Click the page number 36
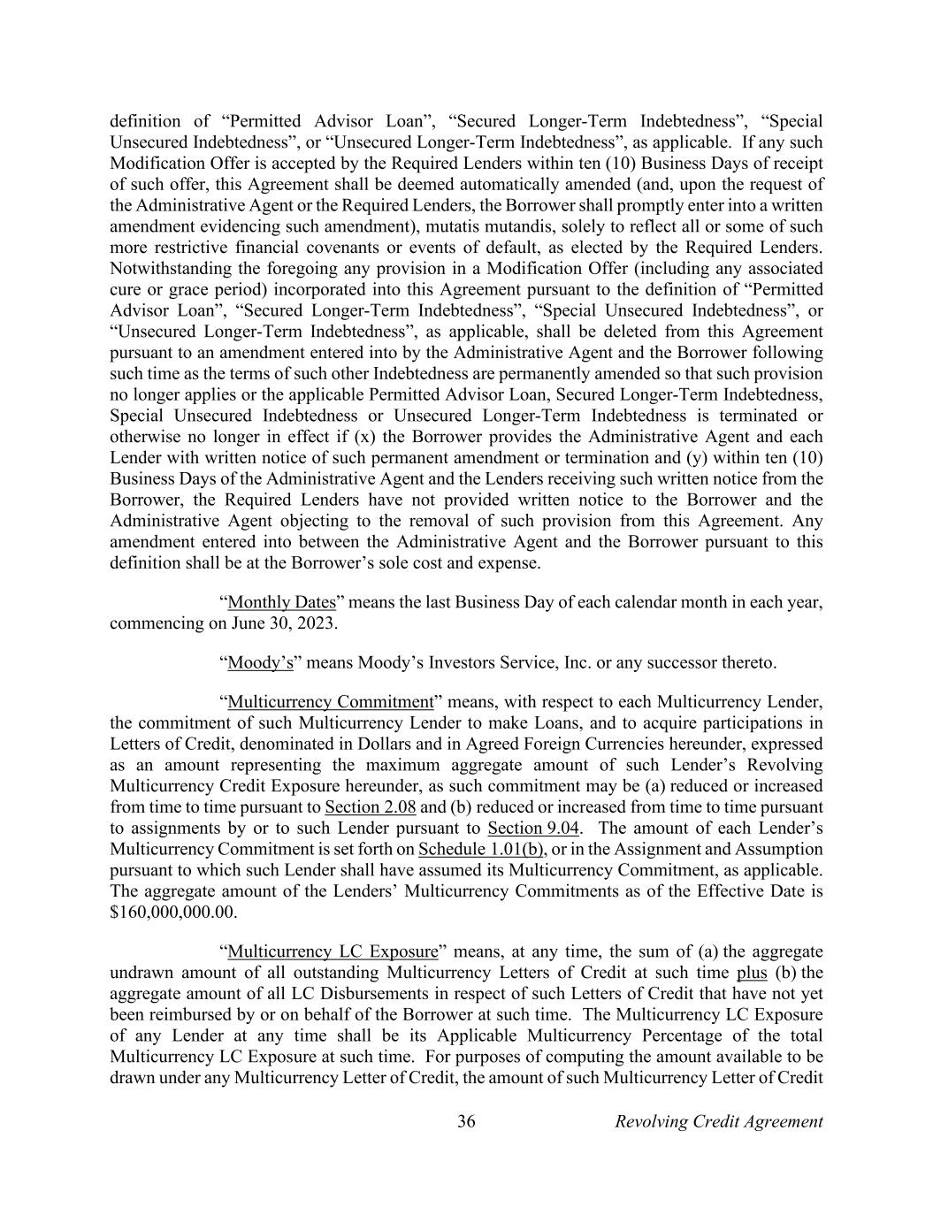point(466,1122)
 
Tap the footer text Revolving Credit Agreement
point(718,1122)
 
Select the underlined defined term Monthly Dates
point(282,603)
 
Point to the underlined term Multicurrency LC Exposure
point(333,952)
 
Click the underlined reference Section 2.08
point(371,807)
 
